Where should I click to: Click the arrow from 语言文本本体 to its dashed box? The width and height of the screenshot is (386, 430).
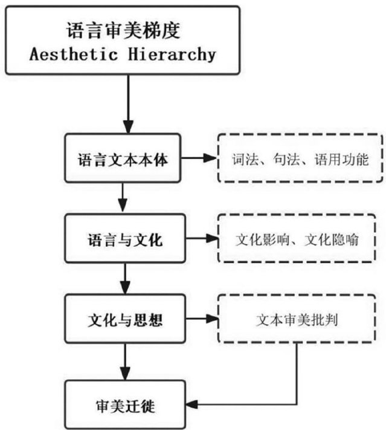pos(199,159)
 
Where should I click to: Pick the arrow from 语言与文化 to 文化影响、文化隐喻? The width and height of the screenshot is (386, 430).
pos(199,239)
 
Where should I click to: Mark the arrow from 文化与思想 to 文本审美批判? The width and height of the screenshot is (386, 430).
pos(199,320)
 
